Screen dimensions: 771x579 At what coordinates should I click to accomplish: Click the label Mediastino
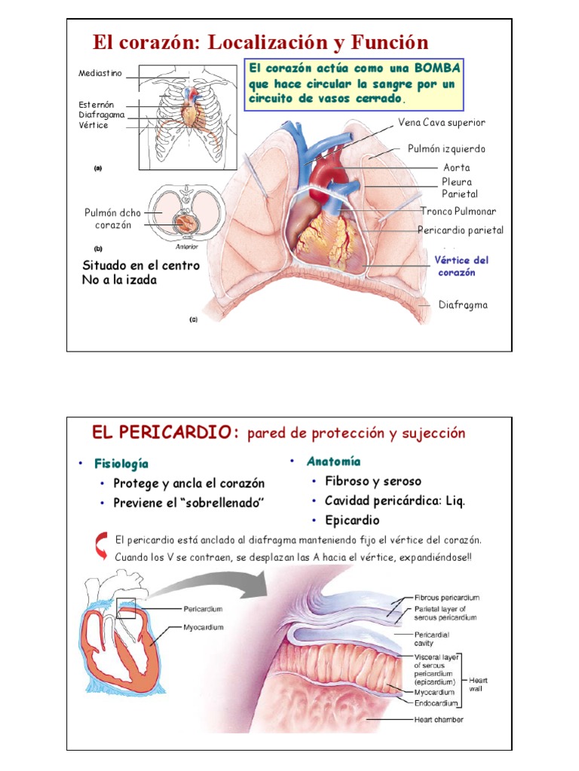tap(100, 74)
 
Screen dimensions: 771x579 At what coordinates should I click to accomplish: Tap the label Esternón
tap(96, 105)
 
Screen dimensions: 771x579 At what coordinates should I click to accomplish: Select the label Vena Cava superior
tap(442, 123)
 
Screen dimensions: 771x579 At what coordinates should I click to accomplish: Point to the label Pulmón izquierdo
tap(446, 149)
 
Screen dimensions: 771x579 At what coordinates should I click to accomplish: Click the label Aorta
tap(456, 168)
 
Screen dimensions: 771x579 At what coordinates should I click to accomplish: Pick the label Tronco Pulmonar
tap(458, 212)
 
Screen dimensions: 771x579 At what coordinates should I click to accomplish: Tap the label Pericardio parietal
tap(461, 230)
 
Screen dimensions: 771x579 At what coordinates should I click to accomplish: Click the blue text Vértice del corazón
tap(461, 266)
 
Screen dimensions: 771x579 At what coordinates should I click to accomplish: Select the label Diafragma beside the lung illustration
tap(463, 305)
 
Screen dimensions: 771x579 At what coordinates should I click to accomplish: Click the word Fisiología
tap(121, 463)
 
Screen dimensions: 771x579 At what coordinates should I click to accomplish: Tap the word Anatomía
tap(333, 462)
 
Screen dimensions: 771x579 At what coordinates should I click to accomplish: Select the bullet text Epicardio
tap(352, 520)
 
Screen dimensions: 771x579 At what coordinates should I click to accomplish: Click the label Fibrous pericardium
tap(447, 598)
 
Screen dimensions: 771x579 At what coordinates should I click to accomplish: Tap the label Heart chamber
tap(439, 720)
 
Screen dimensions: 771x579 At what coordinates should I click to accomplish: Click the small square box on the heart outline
tap(126, 608)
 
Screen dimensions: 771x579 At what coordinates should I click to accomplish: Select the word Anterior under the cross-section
tap(185, 244)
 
